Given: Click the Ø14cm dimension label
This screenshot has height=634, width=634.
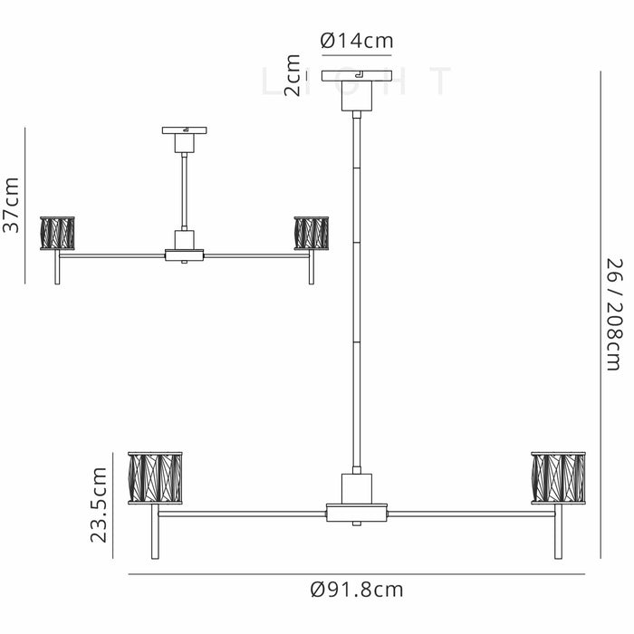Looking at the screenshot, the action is click(x=357, y=41).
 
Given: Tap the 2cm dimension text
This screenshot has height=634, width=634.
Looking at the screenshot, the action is click(x=293, y=75).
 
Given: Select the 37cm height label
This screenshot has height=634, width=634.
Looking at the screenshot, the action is click(x=11, y=205).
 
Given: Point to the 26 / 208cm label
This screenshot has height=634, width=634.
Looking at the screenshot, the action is click(x=614, y=314).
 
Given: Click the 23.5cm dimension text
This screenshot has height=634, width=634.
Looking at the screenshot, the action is click(x=98, y=504).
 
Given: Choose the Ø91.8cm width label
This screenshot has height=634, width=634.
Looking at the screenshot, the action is click(x=357, y=590).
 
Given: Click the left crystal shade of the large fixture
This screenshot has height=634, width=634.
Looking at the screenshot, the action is click(x=155, y=478).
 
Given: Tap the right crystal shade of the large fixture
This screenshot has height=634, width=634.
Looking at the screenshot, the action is click(x=559, y=478).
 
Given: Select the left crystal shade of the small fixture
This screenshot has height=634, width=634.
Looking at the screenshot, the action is click(x=57, y=234).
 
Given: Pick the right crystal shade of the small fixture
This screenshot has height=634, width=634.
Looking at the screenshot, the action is click(x=312, y=234).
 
